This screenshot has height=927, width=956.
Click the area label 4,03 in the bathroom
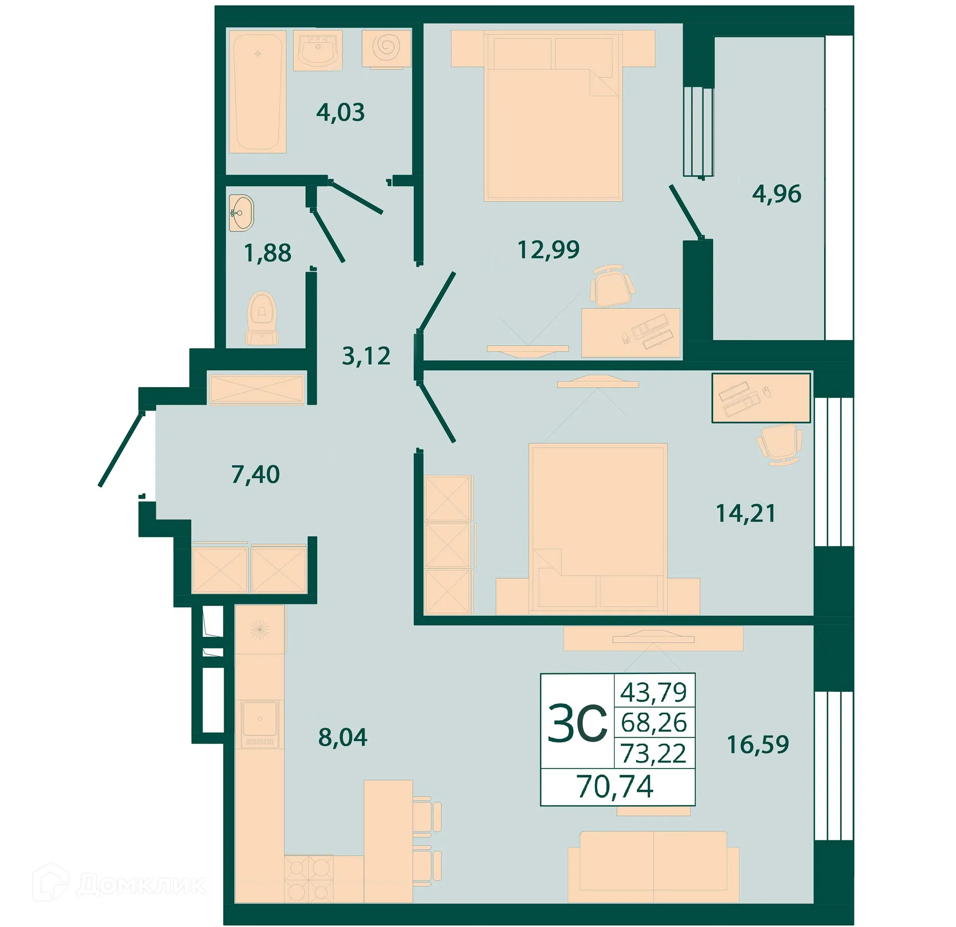[x=340, y=112]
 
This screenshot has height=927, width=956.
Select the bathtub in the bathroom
[x=257, y=92]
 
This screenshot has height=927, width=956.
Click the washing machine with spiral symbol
[x=386, y=48]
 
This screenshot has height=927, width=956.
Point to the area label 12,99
[x=548, y=249]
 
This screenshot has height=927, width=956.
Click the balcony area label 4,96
[x=776, y=194]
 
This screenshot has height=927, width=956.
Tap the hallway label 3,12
[x=366, y=356]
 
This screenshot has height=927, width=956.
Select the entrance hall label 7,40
[x=255, y=474]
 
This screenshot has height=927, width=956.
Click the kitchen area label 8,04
[x=343, y=737]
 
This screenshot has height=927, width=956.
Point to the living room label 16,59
[x=757, y=744]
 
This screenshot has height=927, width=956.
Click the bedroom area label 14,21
[x=745, y=513]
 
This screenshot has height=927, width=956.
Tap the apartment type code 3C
[x=577, y=723]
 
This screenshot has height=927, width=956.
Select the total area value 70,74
[x=615, y=787]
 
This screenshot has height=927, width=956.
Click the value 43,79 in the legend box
[x=653, y=692]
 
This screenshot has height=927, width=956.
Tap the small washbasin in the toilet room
[x=241, y=213]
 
